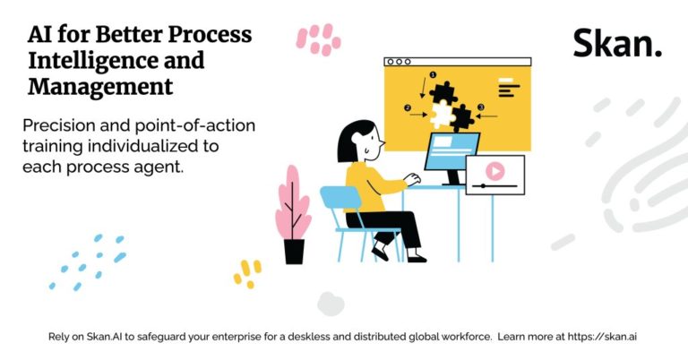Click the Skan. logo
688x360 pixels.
coord(617,43)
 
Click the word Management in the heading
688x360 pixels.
coord(100,86)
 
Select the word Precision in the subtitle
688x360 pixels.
coord(59,126)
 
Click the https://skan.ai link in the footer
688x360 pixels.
coord(602,337)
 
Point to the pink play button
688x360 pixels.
coord(494,171)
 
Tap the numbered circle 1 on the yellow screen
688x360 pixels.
coord(433,75)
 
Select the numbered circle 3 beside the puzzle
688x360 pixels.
coord(481,107)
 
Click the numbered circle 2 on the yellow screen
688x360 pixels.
coord(408,107)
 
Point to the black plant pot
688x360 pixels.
coord(294,251)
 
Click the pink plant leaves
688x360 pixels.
coord(293,204)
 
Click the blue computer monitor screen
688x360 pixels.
coord(451,151)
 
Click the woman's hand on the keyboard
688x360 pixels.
coord(412,179)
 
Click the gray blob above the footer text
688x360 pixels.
coord(331,304)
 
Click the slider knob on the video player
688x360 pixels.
coord(483,186)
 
